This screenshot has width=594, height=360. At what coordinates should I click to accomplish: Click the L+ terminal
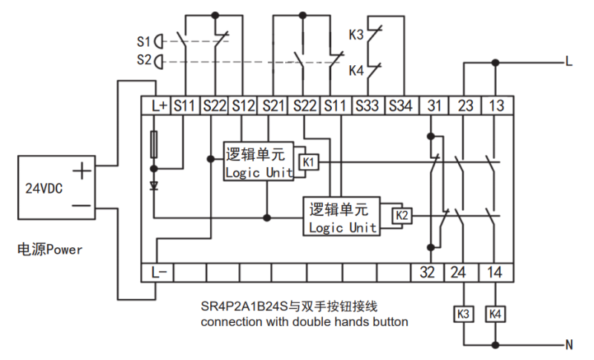158,107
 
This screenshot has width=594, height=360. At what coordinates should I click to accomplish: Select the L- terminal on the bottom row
158,272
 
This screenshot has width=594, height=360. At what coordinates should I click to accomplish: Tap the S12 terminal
244,107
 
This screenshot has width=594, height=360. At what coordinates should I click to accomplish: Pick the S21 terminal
275,107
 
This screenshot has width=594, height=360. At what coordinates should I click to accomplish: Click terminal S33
368,107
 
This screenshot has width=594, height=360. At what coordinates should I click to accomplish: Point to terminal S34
402,107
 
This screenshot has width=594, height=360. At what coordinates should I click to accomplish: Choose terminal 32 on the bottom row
427,272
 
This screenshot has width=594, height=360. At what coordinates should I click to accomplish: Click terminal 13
495,107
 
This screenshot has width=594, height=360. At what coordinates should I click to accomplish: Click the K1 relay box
308,162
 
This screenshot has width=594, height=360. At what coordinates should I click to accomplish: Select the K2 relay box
402,215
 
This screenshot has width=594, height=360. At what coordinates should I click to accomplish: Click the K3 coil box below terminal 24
463,314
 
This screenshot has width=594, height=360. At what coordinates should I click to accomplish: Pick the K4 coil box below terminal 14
495,314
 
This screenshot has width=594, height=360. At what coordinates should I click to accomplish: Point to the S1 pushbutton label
143,40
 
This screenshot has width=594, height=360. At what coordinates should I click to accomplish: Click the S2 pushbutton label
143,59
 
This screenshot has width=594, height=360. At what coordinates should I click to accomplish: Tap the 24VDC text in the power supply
44,188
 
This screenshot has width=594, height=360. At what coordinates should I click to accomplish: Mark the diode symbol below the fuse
154,186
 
